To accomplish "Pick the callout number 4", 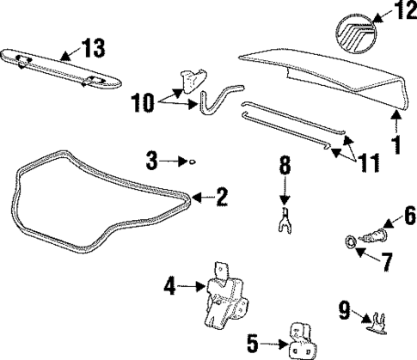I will [170, 285].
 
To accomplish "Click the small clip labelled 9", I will [374, 320].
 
